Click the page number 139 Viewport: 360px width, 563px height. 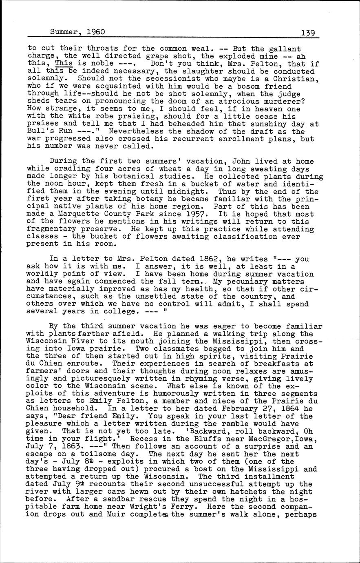pyautogui.click(x=309, y=33)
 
